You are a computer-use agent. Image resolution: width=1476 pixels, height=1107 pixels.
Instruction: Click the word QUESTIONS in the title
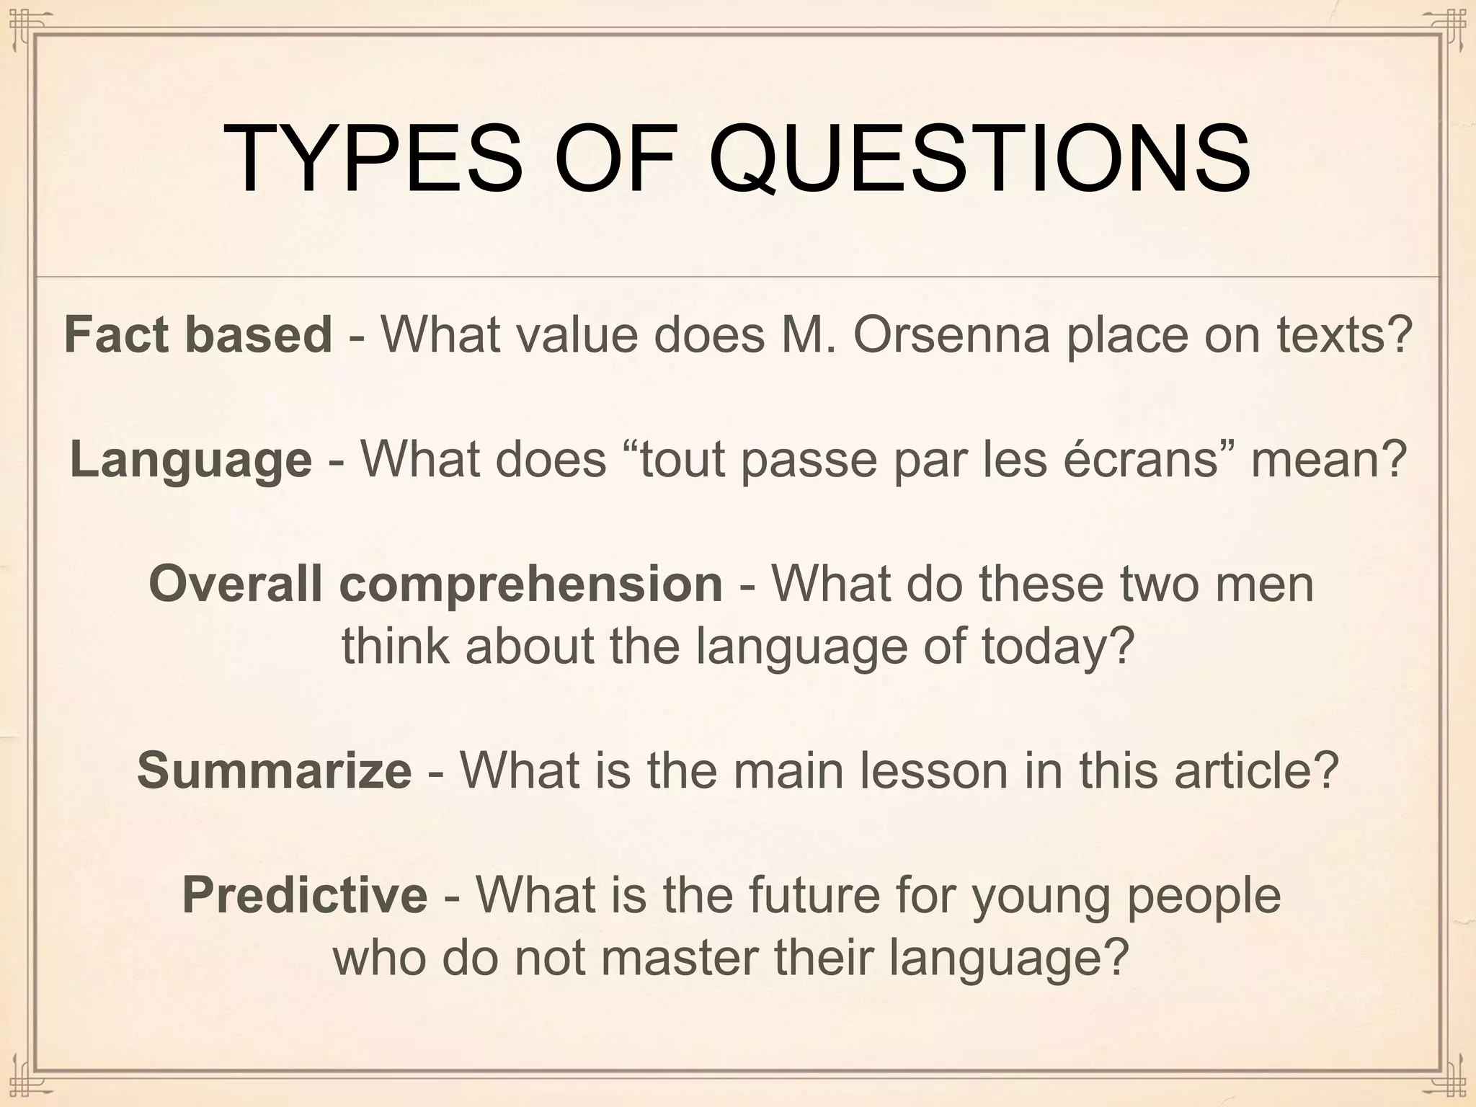(979, 160)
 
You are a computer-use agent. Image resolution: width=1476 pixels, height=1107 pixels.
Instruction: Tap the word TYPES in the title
(373, 160)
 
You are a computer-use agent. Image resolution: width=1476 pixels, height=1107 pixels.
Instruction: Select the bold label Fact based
(198, 335)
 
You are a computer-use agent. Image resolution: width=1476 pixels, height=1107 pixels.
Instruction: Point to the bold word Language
(191, 460)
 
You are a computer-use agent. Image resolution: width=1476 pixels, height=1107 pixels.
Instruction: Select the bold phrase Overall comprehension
(435, 584)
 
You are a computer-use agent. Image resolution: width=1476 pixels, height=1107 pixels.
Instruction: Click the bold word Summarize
(275, 770)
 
